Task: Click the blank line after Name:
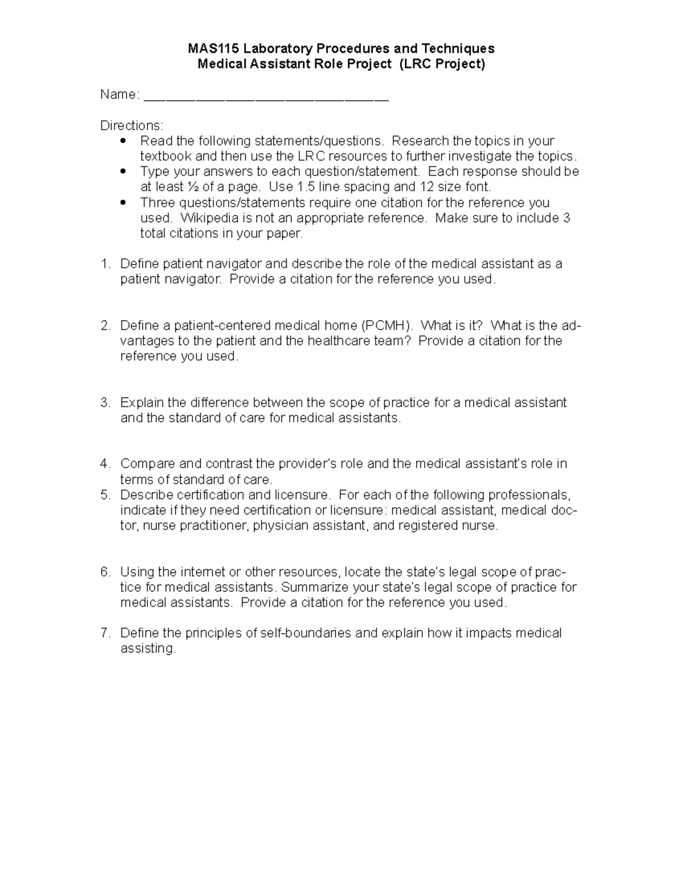pos(266,96)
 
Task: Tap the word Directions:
pos(131,125)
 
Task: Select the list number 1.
pos(105,264)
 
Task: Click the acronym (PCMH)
pos(388,326)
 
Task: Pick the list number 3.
pos(105,403)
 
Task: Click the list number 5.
pos(105,495)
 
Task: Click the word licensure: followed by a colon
pos(359,510)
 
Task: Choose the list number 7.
pos(105,633)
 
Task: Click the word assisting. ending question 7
pos(148,649)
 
